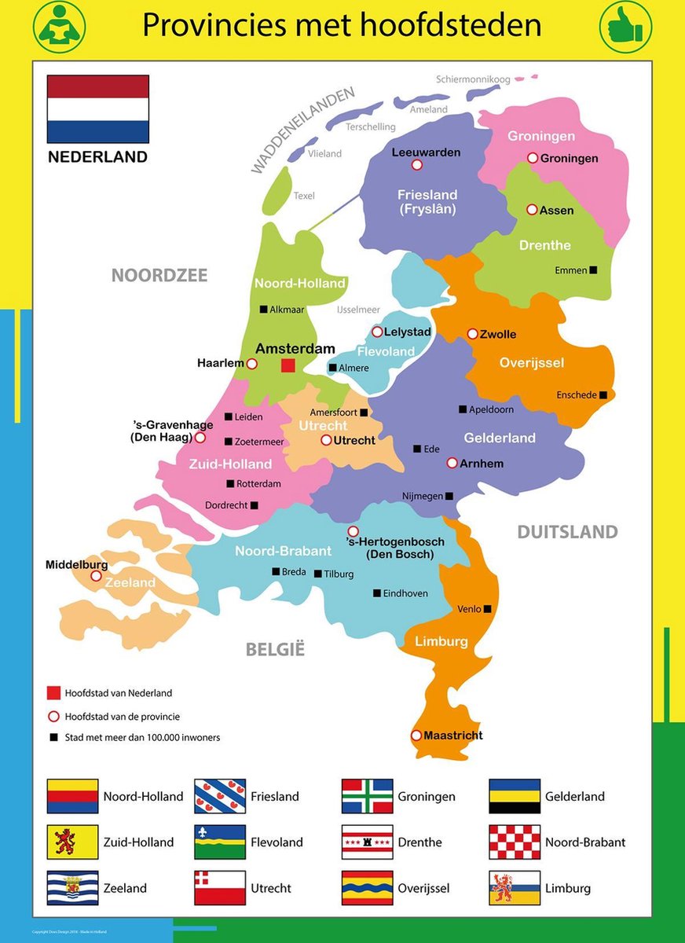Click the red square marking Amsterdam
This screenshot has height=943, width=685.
(x=288, y=365)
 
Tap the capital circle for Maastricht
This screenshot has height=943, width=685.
(x=416, y=736)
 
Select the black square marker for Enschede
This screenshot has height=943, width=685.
(x=603, y=395)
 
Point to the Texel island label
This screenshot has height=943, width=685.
(x=304, y=196)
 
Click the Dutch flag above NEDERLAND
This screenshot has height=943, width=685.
(x=98, y=108)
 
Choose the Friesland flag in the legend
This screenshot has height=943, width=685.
(x=220, y=796)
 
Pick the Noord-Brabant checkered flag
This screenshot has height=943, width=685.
(x=515, y=842)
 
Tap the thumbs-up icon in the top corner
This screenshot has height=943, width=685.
(x=625, y=27)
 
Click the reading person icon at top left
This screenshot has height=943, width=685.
(x=59, y=27)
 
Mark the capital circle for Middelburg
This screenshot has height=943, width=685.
(x=96, y=576)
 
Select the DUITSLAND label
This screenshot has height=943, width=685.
(x=567, y=532)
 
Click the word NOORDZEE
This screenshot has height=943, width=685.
(x=159, y=275)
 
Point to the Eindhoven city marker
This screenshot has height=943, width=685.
(x=377, y=593)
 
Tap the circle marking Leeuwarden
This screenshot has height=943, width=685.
(x=417, y=165)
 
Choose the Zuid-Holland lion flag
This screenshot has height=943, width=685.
(x=72, y=842)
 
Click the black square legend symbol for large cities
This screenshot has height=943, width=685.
(x=53, y=737)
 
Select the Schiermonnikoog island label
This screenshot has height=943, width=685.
(x=473, y=79)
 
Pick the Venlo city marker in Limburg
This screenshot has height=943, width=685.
(x=488, y=609)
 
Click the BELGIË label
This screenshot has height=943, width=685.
(x=275, y=649)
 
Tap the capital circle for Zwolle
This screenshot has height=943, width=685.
(x=472, y=334)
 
